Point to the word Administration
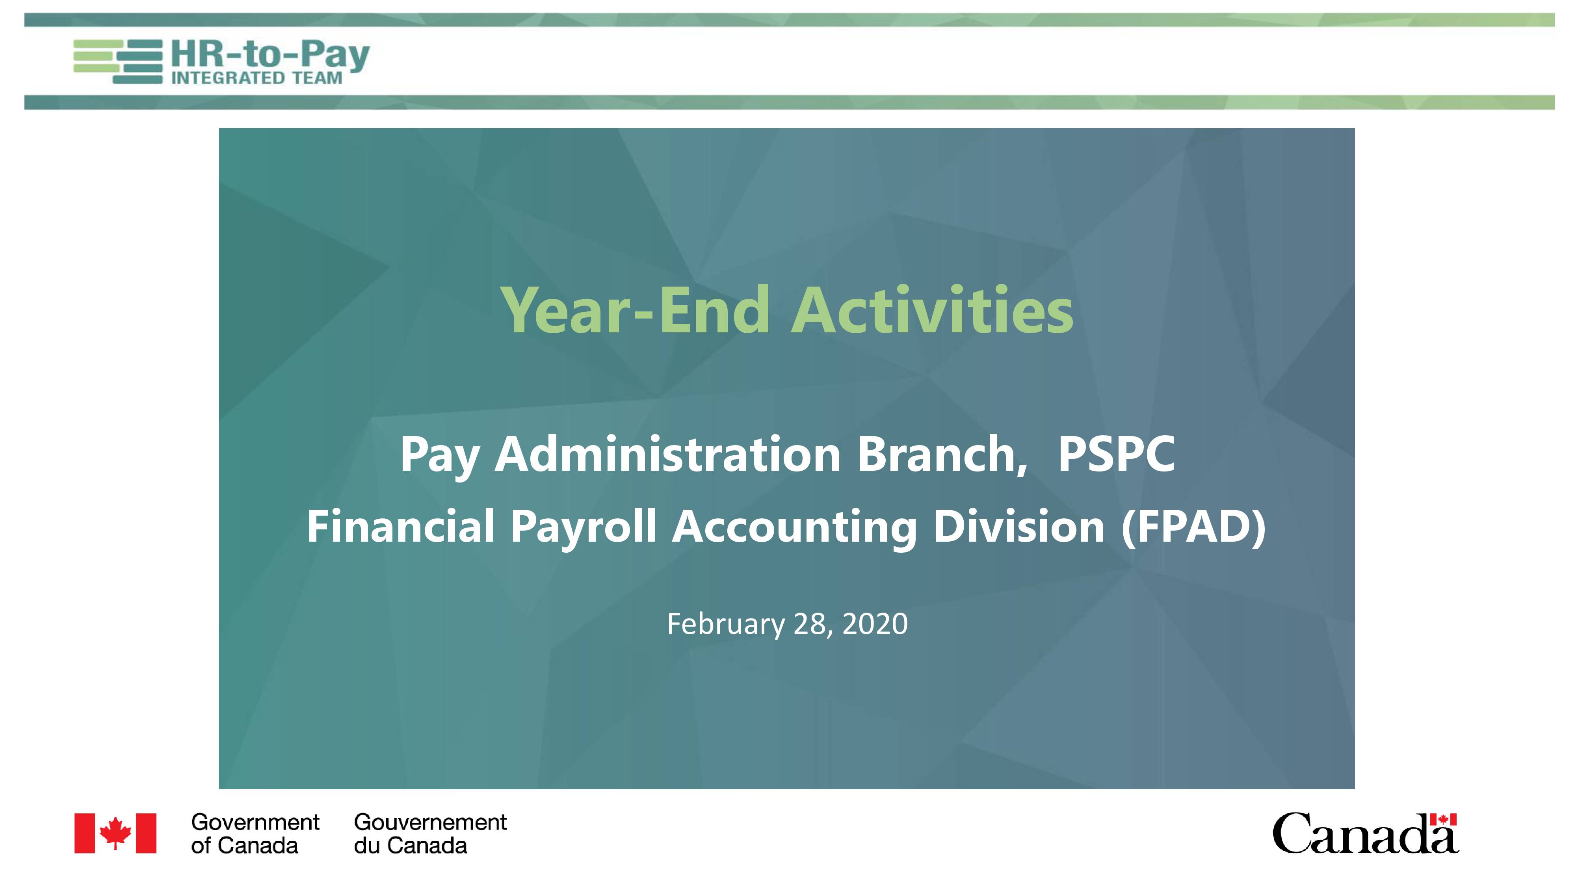[668, 454]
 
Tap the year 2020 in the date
[875, 624]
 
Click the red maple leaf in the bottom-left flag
[115, 833]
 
